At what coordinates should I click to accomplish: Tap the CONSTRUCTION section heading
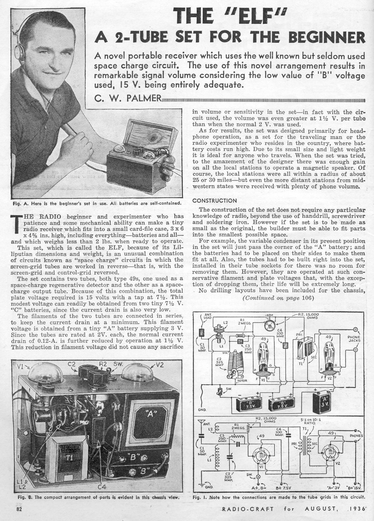[x=214, y=200]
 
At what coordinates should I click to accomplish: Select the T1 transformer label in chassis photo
[x=65, y=457]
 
